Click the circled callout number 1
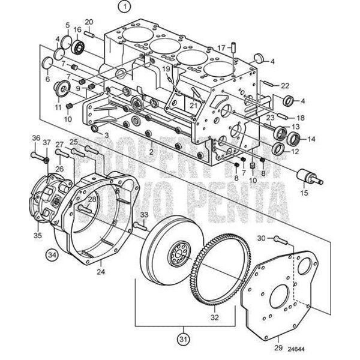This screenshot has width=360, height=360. click(124, 8)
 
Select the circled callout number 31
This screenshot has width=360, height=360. click(181, 341)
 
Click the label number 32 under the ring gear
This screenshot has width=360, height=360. click(214, 311)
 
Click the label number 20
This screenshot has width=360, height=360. click(89, 22)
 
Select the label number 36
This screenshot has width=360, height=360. click(36, 138)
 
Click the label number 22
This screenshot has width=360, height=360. click(302, 85)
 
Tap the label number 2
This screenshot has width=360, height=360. click(152, 152)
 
